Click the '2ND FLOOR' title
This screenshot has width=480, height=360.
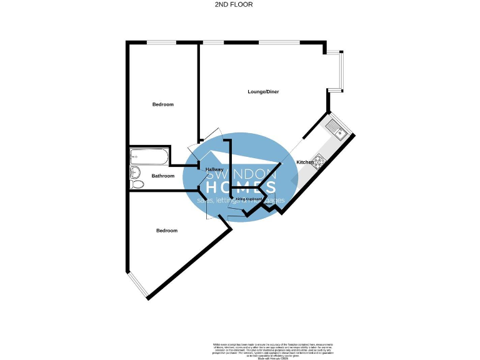point(240,4)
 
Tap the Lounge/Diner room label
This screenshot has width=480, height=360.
point(262,92)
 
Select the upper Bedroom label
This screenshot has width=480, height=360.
point(162,104)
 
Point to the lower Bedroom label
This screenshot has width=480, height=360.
point(167,231)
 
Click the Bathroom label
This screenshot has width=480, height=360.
point(163,176)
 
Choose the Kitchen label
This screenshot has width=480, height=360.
point(305,162)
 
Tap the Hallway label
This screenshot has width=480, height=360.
point(214,169)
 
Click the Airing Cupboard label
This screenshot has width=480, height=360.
point(248,199)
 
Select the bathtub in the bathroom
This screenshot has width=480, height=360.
point(148,156)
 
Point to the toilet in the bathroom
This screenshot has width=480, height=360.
point(136,184)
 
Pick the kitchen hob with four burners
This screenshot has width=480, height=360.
point(319,162)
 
